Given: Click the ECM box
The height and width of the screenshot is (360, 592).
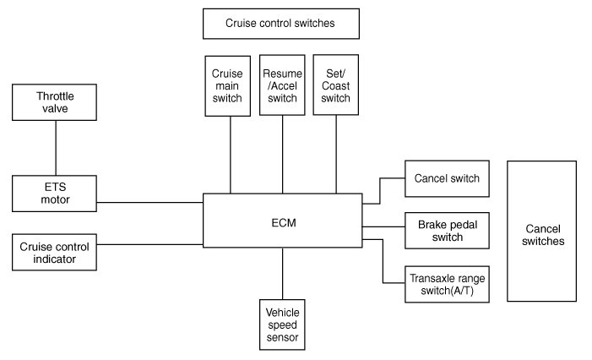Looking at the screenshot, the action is coord(282,221).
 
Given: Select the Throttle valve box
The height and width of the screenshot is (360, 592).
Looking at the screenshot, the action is coord(54,102).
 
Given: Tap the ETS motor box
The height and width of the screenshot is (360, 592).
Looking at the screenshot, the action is coord(54,194).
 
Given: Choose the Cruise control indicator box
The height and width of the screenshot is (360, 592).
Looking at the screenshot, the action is coord(54,252).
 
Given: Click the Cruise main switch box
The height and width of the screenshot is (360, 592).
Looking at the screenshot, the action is coord(228,86).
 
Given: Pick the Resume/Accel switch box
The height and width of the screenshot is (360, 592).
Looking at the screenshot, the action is coord(282,85).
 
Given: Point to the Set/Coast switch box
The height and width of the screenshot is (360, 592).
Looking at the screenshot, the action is coord(335,85).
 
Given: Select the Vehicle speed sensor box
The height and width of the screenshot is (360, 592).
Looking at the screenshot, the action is coord(282,325).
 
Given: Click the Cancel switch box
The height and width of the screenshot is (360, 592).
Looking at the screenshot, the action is coord(447,178).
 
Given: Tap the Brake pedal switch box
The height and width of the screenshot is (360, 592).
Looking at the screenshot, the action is coord(447,231).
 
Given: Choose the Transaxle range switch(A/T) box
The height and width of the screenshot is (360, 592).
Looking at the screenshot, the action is coord(447,284).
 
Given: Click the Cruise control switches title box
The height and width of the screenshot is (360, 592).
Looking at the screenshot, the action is coord(281,24).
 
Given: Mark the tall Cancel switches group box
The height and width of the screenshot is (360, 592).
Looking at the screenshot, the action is coord(541,232).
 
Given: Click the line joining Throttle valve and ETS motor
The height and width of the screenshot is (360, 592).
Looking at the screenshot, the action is coord(56,148).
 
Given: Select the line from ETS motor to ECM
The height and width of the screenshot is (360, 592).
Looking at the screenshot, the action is coord(149,202).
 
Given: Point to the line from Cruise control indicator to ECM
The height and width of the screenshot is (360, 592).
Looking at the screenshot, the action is coord(149,244).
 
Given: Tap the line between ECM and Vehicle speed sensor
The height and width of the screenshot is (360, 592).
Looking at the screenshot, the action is coord(282,274).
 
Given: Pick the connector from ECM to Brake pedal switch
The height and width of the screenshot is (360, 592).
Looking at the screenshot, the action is coord(383,226).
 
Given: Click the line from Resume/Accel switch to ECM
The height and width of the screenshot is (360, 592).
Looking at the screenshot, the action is coord(282,155).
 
